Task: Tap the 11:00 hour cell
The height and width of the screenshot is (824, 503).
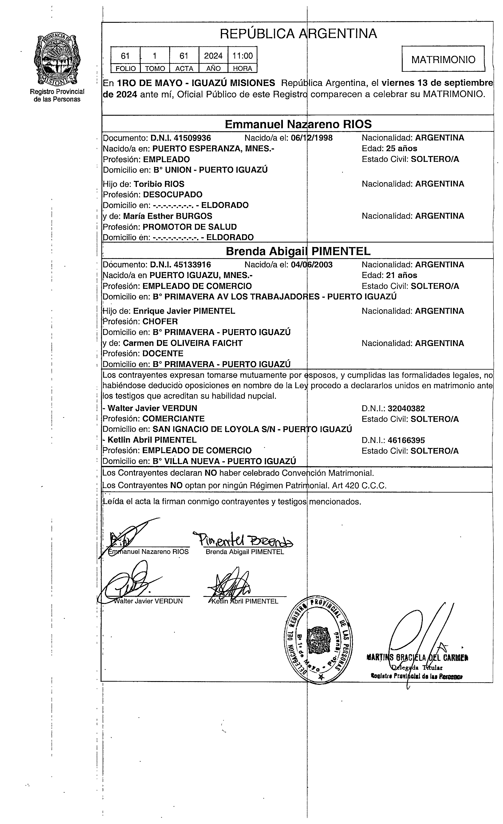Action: [242, 55]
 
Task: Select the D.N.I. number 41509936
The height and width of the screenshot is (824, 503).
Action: [181, 138]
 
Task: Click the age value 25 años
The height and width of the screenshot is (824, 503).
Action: [401, 149]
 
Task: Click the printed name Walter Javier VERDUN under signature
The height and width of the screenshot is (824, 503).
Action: [148, 601]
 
